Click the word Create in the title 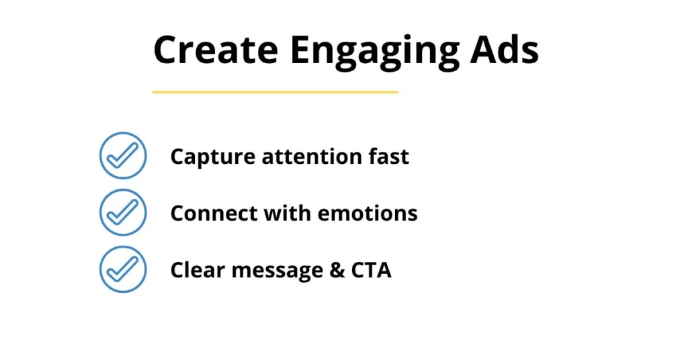click(216, 50)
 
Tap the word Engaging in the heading click(375, 53)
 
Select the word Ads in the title click(504, 50)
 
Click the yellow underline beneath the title click(275, 92)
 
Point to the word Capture click(212, 157)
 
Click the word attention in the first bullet click(312, 156)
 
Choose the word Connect click(214, 214)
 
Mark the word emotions click(368, 214)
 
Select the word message click(277, 271)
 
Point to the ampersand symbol click(337, 270)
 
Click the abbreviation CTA click(371, 270)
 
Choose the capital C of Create click(166, 50)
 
